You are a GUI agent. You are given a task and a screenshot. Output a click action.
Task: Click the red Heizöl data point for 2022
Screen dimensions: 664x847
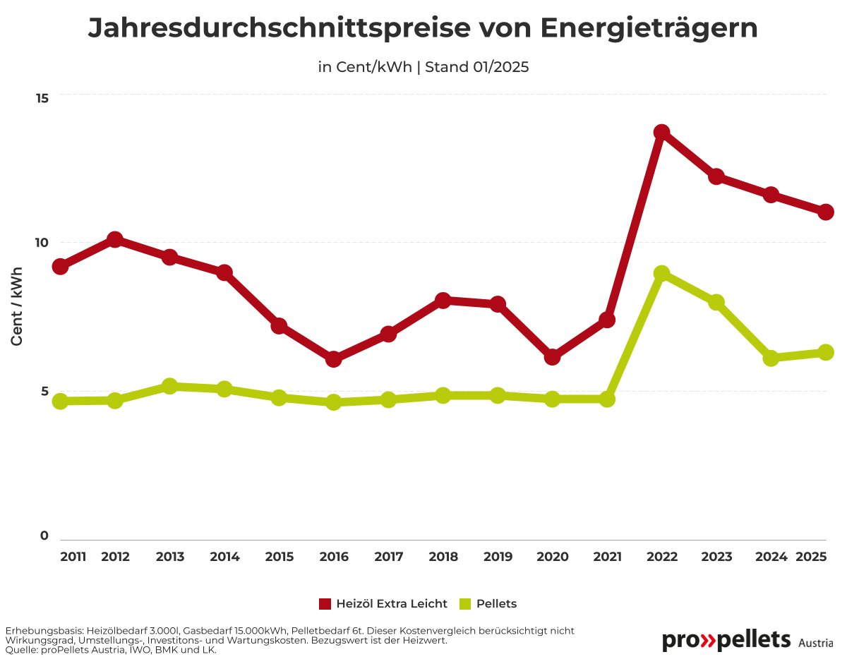tap(661, 132)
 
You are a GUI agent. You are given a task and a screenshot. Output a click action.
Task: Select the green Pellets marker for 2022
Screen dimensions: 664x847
tap(661, 273)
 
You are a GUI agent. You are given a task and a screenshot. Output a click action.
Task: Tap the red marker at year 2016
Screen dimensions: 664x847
tap(334, 358)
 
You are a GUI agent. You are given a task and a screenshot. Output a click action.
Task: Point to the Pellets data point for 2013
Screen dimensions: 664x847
tap(169, 386)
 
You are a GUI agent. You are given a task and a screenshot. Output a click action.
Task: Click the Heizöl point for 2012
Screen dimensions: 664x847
tap(115, 239)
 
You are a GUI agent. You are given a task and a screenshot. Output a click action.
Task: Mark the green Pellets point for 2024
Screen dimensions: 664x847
tap(771, 358)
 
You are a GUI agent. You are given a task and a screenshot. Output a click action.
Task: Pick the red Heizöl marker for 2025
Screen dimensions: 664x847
tap(826, 212)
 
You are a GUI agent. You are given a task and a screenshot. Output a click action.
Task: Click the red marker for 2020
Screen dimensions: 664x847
tap(552, 357)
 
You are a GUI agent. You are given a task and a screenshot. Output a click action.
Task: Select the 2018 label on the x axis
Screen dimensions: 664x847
tap(443, 557)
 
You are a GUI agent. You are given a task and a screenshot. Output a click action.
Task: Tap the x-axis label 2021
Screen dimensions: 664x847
tap(607, 557)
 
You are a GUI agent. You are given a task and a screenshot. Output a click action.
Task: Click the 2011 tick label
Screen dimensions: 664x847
tap(73, 557)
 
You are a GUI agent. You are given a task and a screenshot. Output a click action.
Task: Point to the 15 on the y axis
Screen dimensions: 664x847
tap(42, 97)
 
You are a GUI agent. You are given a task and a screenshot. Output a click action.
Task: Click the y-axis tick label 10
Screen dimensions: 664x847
tap(42, 243)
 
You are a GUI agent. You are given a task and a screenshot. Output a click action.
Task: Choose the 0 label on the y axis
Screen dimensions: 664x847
tap(44, 536)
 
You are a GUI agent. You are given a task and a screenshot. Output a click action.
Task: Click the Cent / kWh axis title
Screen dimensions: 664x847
tap(18, 306)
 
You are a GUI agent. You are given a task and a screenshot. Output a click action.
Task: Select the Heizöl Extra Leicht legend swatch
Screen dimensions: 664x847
tap(325, 604)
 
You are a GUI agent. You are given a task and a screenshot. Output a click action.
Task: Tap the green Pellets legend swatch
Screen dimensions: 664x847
tap(464, 604)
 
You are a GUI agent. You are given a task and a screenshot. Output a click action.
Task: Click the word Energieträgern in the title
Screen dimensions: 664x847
tap(650, 28)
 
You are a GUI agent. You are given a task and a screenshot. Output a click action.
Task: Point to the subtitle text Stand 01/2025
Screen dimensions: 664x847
tap(477, 68)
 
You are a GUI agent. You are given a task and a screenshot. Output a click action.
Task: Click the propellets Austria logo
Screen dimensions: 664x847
tap(746, 641)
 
